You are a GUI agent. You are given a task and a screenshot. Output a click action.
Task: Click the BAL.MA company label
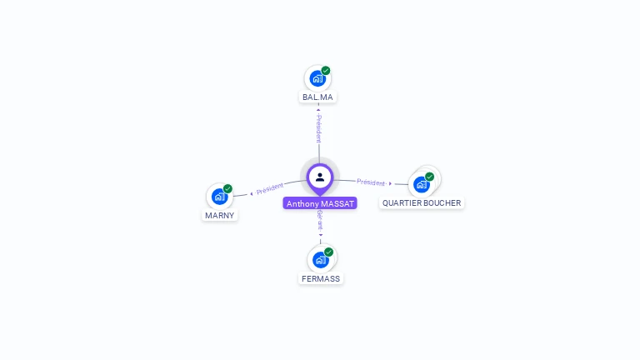pyautogui.click(x=317, y=97)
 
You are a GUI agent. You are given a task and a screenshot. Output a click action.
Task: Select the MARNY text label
pyautogui.click(x=220, y=215)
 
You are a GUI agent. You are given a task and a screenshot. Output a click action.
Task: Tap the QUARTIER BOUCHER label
pyautogui.click(x=421, y=203)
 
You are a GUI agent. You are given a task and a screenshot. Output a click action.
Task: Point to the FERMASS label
pyautogui.click(x=321, y=278)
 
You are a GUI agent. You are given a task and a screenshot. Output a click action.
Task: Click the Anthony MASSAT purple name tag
pyautogui.click(x=320, y=203)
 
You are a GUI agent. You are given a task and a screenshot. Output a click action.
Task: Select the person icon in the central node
pyautogui.click(x=320, y=177)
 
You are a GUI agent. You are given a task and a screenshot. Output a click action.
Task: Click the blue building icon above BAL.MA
pyautogui.click(x=317, y=78)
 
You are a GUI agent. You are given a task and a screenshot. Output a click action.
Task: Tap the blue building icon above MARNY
pyautogui.click(x=218, y=197)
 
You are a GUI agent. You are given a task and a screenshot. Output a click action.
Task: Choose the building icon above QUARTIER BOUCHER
pyautogui.click(x=421, y=184)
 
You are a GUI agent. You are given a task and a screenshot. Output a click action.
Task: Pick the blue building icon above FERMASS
pyautogui.click(x=320, y=259)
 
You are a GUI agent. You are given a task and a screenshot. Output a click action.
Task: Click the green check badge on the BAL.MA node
pyautogui.click(x=326, y=71)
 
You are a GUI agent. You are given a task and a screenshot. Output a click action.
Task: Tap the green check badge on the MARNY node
pyautogui.click(x=227, y=189)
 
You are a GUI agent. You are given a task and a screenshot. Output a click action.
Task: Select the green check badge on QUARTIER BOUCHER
pyautogui.click(x=429, y=177)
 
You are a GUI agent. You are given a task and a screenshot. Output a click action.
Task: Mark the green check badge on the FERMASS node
pyautogui.click(x=329, y=252)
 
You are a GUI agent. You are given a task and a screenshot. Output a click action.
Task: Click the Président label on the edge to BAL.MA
pyautogui.click(x=318, y=128)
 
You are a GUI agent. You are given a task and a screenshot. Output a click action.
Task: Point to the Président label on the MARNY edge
pyautogui.click(x=270, y=189)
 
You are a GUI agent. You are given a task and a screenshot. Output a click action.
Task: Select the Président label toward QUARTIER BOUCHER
pyautogui.click(x=371, y=182)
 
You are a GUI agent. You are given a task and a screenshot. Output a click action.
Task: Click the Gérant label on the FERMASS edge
pyautogui.click(x=320, y=220)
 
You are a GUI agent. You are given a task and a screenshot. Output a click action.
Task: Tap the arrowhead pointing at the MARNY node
pyautogui.click(x=251, y=193)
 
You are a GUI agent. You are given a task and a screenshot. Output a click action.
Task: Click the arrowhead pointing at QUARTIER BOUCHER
pyautogui.click(x=390, y=183)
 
